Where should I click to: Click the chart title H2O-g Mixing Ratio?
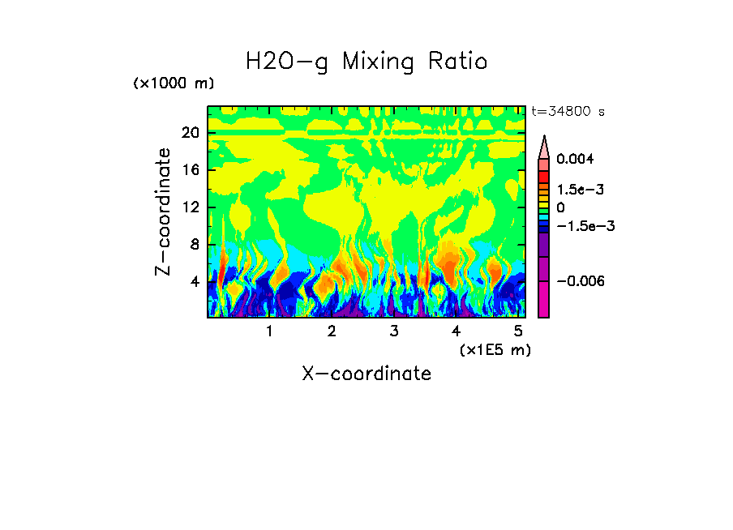click(x=366, y=62)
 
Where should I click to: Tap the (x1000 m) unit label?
click(x=174, y=84)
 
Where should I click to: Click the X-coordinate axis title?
click(x=366, y=374)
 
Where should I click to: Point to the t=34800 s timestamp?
click(x=568, y=112)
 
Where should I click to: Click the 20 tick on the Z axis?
click(x=190, y=133)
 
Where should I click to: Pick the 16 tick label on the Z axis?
click(x=190, y=170)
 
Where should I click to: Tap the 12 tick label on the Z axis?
click(x=190, y=207)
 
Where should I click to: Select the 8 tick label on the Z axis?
click(x=195, y=245)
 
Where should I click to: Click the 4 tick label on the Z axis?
click(x=195, y=282)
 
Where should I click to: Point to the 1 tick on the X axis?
click(x=269, y=331)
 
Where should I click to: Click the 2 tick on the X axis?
click(x=332, y=331)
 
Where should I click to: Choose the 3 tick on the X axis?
click(x=393, y=331)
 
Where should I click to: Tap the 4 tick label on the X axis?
click(x=456, y=331)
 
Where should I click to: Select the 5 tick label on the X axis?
click(x=517, y=331)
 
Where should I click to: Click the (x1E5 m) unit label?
click(x=495, y=349)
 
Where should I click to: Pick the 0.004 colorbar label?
click(x=575, y=159)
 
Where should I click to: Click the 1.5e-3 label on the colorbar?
click(x=581, y=189)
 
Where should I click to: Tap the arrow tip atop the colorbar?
click(x=544, y=139)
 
